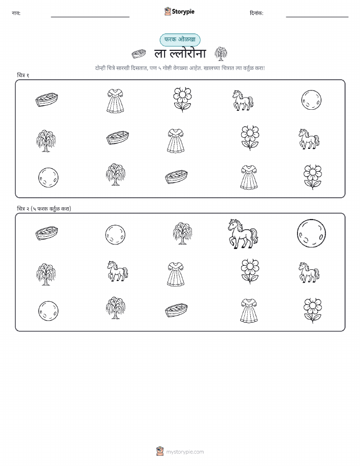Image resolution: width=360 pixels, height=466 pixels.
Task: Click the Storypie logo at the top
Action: coord(179,12)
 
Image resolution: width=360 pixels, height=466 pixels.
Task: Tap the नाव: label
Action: coord(16,13)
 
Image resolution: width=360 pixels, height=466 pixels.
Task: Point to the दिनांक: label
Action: coord(256,13)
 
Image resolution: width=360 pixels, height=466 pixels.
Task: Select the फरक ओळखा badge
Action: coord(180,40)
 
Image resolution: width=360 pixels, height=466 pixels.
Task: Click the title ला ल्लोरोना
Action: coord(180,53)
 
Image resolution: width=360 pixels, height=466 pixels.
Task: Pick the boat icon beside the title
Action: coord(139,54)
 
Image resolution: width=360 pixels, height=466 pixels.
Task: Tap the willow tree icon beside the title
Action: coord(221,53)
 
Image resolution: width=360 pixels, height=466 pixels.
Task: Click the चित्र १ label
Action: coord(23,75)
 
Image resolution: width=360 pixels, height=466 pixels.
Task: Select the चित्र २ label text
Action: coord(44,209)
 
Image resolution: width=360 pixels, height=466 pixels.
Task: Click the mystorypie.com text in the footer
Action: coord(185,452)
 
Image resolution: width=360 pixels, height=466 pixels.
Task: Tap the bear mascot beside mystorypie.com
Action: coord(160,451)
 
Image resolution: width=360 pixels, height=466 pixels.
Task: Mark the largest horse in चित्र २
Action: coord(243,234)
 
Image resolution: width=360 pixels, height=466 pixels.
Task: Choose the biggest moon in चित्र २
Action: coord(311,233)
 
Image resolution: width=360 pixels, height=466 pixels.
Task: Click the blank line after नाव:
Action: coord(90,17)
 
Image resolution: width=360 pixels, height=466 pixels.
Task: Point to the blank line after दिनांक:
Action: coord(317,17)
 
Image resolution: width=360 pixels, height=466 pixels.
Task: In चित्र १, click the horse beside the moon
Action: coord(243,101)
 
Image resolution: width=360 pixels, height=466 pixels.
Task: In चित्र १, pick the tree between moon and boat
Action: coord(116,174)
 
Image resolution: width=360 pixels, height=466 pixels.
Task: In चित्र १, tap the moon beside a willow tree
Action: coord(48,177)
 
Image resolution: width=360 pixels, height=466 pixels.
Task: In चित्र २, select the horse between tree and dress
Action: coord(117,271)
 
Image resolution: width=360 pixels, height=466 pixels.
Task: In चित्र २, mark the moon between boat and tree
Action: coord(115,235)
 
